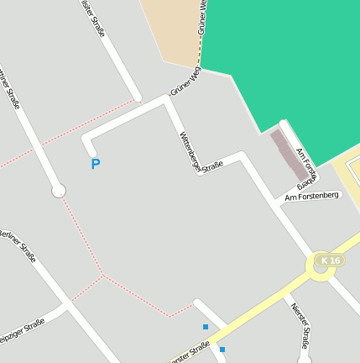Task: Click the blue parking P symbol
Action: (x=95, y=165)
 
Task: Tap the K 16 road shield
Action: (x=330, y=261)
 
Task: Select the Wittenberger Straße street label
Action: (x=201, y=152)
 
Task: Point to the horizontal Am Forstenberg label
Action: (x=311, y=197)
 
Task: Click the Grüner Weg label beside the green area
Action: (x=185, y=82)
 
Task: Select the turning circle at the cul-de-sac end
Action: (x=59, y=191)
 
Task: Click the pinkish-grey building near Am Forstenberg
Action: (x=288, y=154)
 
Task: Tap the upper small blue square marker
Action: (x=206, y=327)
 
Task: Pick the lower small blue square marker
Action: (x=222, y=350)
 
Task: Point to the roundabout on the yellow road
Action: (x=321, y=267)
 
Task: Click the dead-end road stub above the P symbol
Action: (x=86, y=145)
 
